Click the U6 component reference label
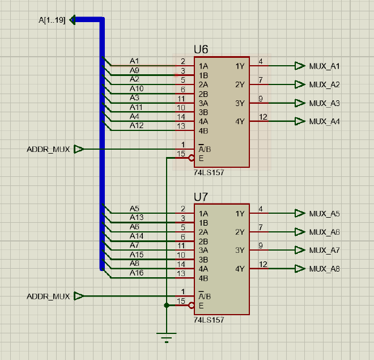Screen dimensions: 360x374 click(201, 49)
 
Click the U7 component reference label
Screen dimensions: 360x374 click(201, 197)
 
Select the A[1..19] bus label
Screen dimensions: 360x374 click(52, 20)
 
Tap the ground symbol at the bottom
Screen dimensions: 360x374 click(166, 338)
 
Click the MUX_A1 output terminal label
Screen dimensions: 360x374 click(324, 66)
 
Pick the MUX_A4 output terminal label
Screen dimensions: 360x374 click(324, 121)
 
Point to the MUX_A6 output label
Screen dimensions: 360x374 click(324, 232)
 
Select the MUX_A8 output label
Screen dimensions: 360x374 click(324, 269)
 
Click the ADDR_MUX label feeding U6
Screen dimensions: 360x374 click(48, 150)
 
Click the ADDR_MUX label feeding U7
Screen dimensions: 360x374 click(48, 297)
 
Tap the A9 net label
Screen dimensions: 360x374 click(134, 70)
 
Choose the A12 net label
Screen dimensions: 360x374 click(137, 125)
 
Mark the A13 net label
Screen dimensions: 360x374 click(137, 217)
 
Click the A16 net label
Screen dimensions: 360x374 click(137, 273)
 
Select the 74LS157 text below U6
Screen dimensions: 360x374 click(209, 173)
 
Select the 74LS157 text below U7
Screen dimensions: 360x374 click(209, 320)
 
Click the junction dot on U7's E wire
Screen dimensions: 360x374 click(166, 306)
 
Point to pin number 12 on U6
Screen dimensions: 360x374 click(263, 117)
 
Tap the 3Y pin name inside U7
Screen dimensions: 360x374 click(240, 250)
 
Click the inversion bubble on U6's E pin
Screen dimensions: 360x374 click(192, 159)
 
